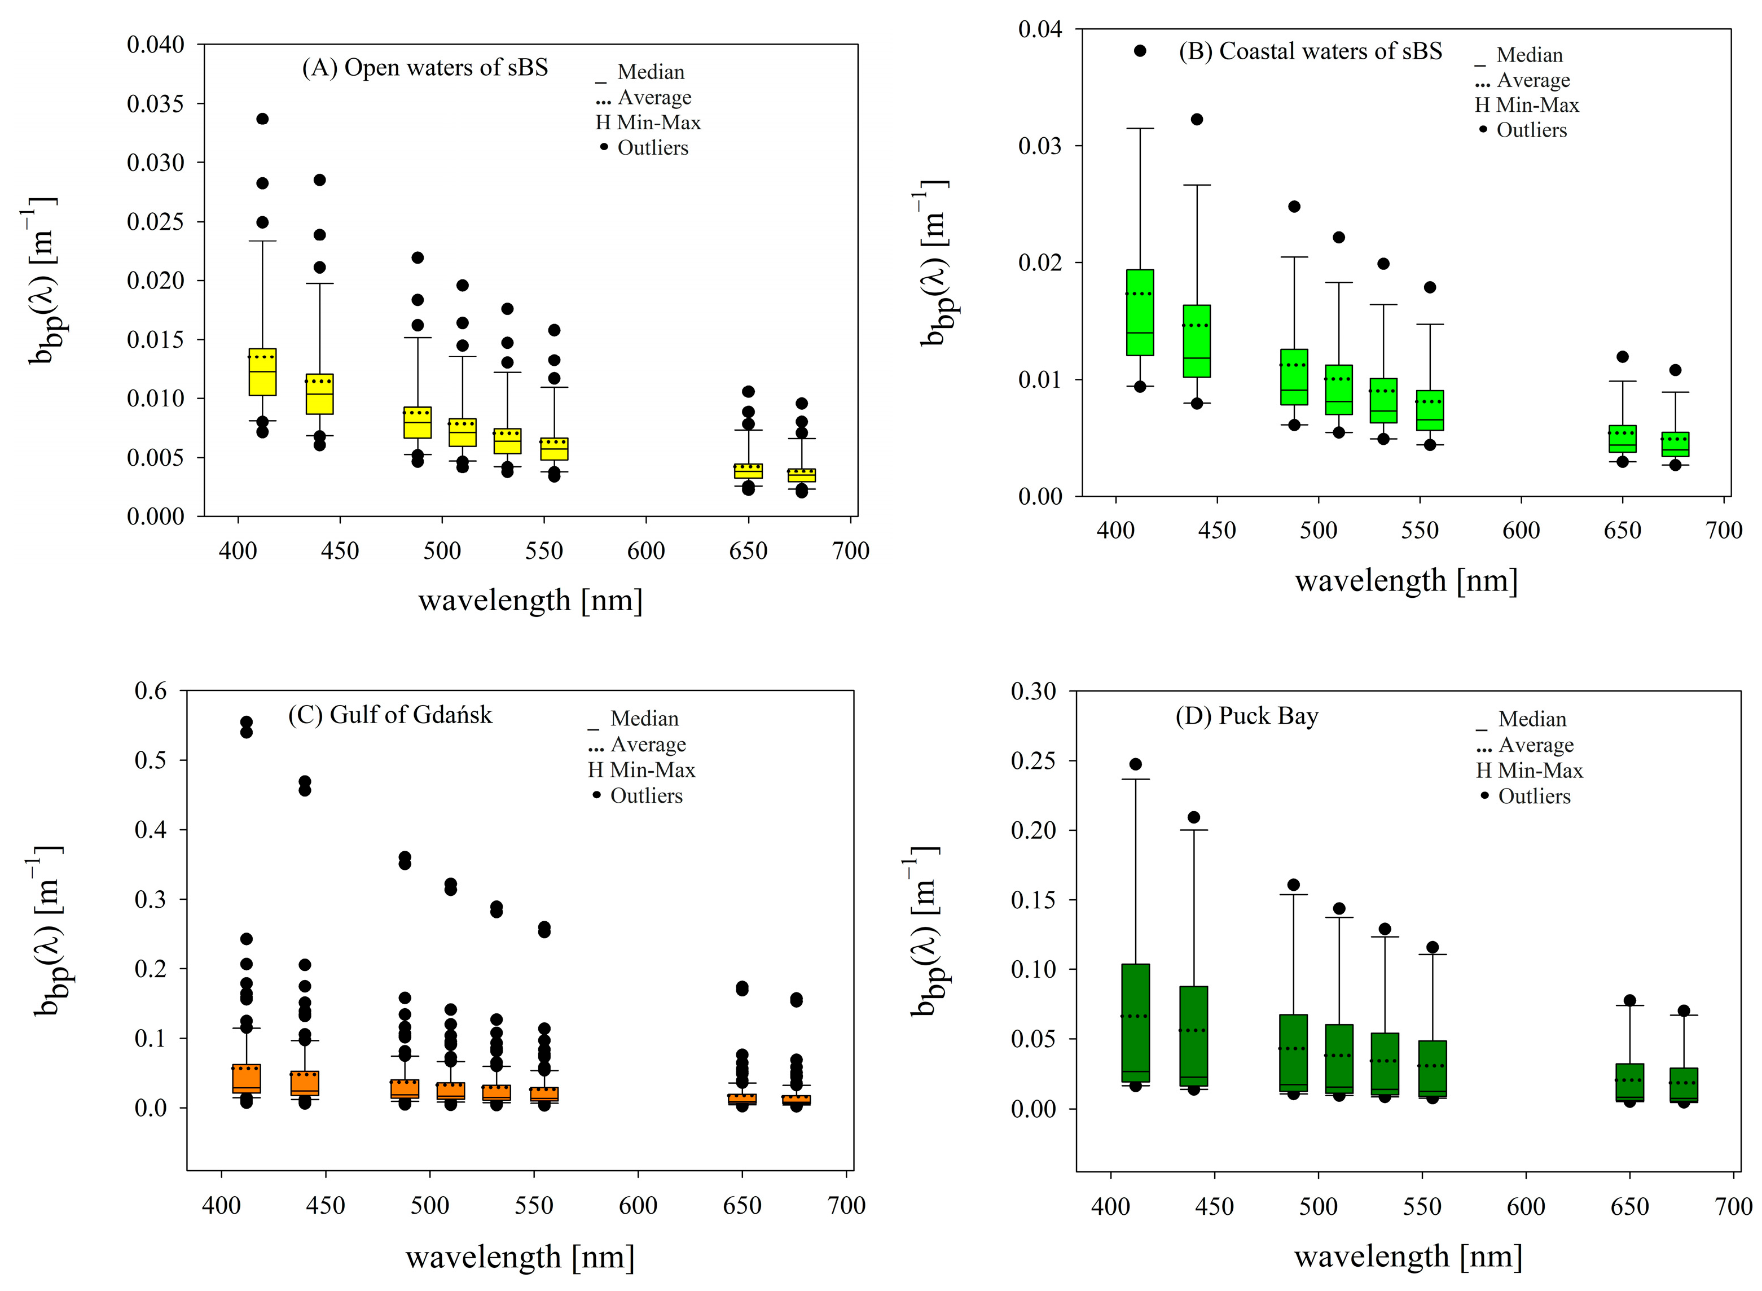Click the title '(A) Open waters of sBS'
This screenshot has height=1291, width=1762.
pos(425,68)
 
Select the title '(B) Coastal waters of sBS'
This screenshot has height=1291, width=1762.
pos(1310,51)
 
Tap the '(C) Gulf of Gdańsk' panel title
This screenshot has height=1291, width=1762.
pos(390,715)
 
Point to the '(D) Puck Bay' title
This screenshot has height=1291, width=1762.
pos(1246,716)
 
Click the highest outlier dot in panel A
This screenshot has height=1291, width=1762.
pos(262,119)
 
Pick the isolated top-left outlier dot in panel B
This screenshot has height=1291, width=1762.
pos(1140,51)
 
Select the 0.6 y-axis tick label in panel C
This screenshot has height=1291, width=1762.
pos(151,691)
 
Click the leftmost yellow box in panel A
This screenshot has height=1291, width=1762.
pos(262,372)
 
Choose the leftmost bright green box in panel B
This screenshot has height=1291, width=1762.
pos(1140,313)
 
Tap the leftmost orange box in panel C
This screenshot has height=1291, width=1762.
pos(246,1079)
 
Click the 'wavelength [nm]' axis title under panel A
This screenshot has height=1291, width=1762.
pos(530,601)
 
